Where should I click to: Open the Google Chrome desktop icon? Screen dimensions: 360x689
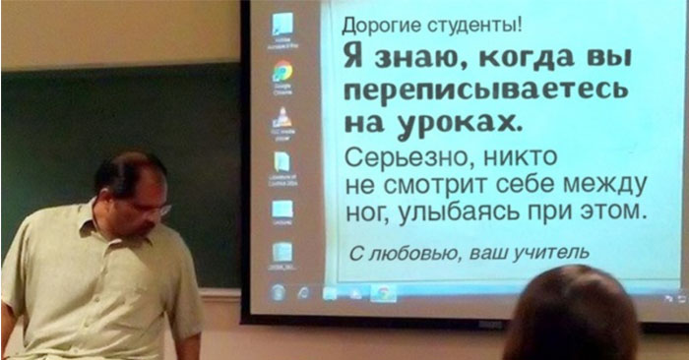[x=282, y=72]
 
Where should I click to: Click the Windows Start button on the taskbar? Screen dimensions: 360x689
[x=279, y=292]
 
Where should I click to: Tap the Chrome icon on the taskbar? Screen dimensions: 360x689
[x=382, y=292]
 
